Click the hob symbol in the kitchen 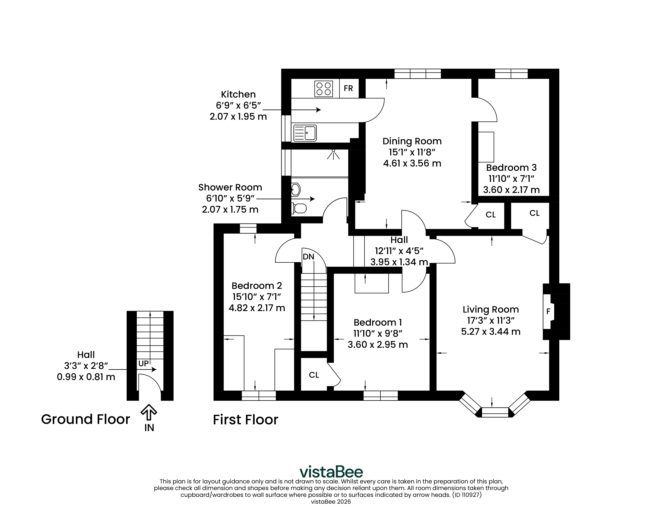coord(324,89)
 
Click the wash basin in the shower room coord(296,190)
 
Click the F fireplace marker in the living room coord(548,311)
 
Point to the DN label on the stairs coord(308,257)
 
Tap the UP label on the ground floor coord(143,364)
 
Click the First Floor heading coord(245,420)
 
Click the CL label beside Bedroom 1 coord(314,375)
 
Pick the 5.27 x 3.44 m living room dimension coord(491,331)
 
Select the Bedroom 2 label coord(257,286)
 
